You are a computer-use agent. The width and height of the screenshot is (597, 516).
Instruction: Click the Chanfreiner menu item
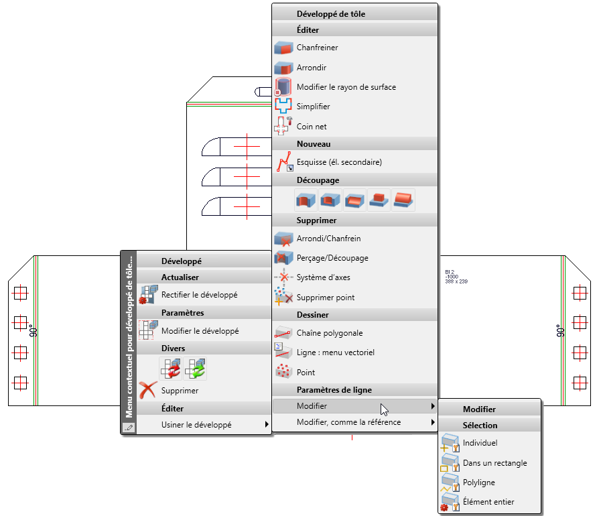(x=317, y=48)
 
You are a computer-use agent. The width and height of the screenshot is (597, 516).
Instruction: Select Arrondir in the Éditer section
(x=312, y=68)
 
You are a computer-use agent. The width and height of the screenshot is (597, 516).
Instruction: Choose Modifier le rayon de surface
(x=346, y=87)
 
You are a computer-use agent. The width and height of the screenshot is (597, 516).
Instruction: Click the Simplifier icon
(x=283, y=107)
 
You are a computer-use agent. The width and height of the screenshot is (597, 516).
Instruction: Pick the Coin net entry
(x=312, y=127)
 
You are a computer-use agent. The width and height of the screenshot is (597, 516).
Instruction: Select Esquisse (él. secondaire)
(x=339, y=162)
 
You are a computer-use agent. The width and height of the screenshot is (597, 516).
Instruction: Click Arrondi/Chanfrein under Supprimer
(x=328, y=239)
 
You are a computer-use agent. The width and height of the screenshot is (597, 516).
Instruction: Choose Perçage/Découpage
(x=332, y=258)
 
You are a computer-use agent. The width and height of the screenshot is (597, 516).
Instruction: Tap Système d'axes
(x=323, y=277)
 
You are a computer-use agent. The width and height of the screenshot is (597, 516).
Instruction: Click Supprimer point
(x=326, y=298)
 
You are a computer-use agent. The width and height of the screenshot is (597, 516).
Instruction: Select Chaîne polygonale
(x=330, y=333)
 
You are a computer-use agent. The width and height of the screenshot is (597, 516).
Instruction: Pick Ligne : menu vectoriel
(x=336, y=352)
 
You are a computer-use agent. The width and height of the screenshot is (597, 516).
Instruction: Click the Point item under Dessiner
(x=306, y=373)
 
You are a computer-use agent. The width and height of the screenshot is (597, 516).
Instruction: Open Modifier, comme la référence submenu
(x=349, y=422)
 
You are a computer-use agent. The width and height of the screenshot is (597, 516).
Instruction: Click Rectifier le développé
(x=200, y=295)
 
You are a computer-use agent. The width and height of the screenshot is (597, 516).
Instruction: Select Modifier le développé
(x=200, y=331)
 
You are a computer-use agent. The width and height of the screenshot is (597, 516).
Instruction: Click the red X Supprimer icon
(x=147, y=390)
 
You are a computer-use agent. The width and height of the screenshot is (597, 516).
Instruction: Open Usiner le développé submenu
(x=196, y=425)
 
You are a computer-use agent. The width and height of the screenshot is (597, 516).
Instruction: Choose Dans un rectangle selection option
(x=495, y=463)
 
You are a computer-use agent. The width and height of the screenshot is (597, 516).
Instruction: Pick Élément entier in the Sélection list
(x=488, y=502)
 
